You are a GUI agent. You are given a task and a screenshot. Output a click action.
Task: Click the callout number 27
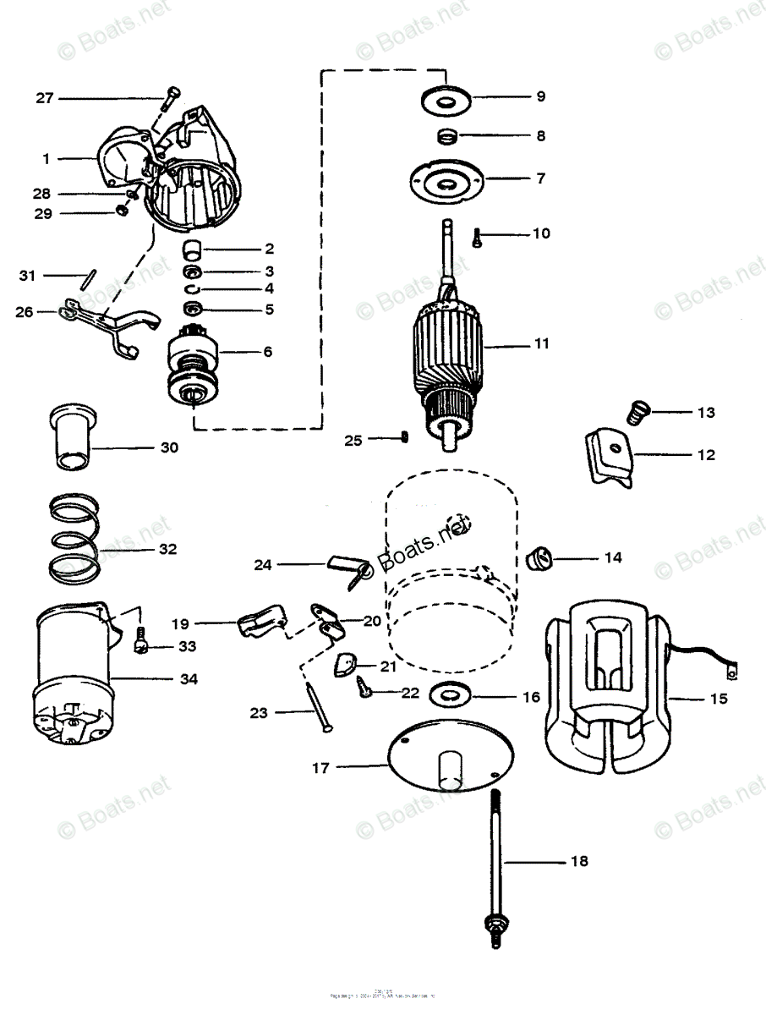44,98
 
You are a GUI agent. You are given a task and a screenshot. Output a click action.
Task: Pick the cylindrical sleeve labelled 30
70,436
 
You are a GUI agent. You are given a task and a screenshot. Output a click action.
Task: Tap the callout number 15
719,699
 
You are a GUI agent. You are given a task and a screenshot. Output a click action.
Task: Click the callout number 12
706,454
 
